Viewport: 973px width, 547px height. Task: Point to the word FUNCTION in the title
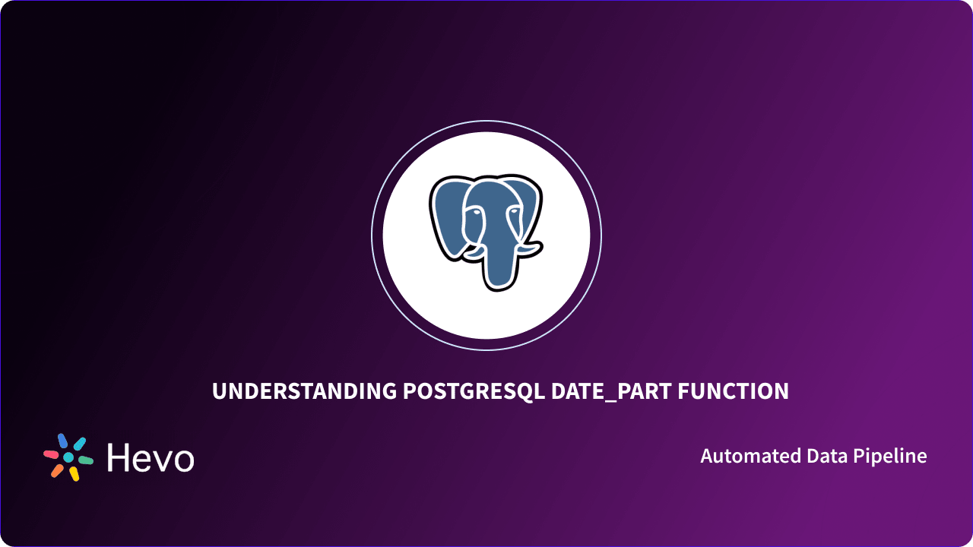[x=733, y=391]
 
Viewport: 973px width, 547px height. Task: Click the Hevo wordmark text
[x=151, y=458]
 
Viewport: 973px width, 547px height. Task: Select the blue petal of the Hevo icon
[x=62, y=441]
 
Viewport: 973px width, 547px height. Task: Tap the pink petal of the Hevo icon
[x=51, y=454]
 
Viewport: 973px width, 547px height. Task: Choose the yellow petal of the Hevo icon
[x=74, y=473]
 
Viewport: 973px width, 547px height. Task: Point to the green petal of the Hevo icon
[x=86, y=460]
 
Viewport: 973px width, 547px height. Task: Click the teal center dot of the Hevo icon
[x=68, y=457]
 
